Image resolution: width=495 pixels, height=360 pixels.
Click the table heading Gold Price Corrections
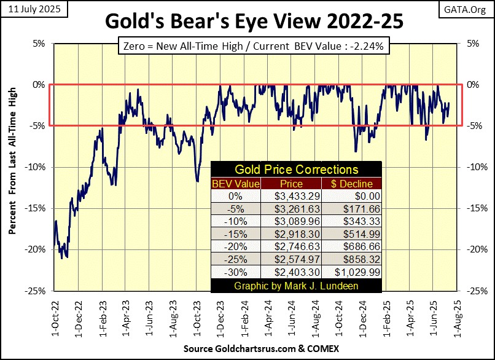[296, 170]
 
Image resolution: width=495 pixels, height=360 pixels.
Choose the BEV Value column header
[236, 183]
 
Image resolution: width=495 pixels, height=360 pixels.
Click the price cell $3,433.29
[290, 196]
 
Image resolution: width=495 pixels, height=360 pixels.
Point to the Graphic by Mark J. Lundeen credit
[296, 286]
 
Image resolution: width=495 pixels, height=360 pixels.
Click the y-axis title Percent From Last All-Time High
[12, 167]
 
